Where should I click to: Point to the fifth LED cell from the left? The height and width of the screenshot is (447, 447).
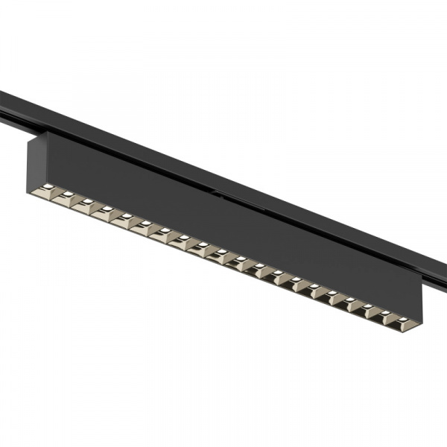pos(124,217)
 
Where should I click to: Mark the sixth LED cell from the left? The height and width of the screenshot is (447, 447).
pos(142,224)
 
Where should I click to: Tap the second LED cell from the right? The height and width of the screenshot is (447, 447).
pos(384,315)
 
